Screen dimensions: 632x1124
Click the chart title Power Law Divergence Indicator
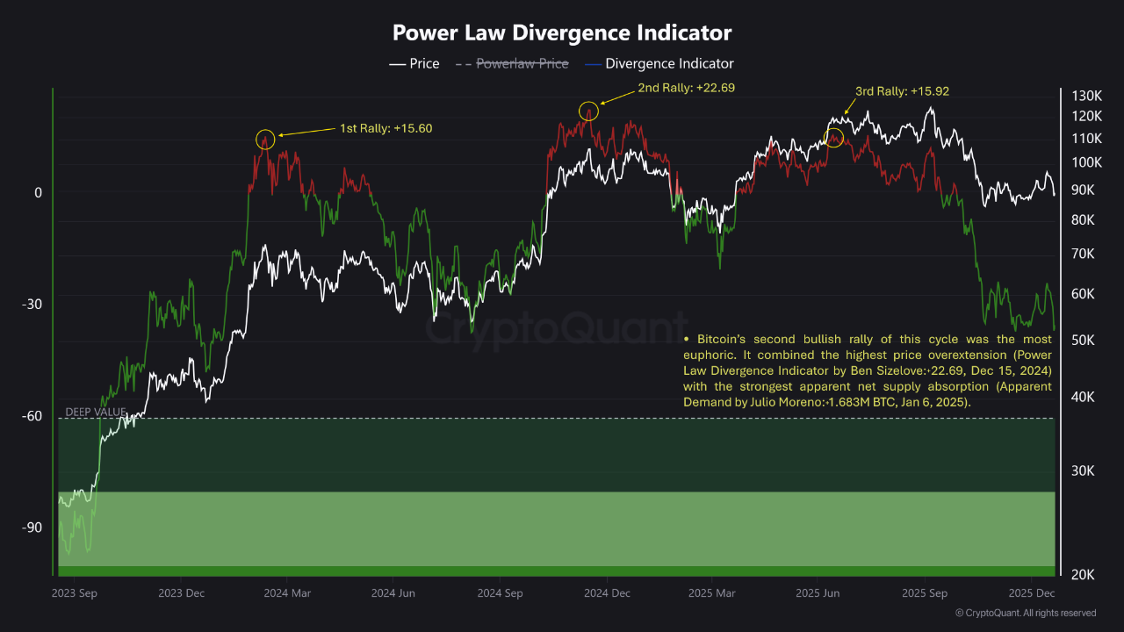tap(561, 33)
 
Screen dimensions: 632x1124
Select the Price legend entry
tap(414, 64)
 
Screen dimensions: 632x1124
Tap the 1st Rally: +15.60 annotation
tap(386, 128)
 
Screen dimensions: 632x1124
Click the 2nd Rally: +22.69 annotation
tap(686, 88)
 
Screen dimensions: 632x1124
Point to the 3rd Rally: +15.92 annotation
tap(902, 91)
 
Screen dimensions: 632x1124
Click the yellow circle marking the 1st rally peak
tap(266, 140)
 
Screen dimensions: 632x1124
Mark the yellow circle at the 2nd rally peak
tap(588, 111)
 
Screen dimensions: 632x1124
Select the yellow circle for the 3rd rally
tap(834, 137)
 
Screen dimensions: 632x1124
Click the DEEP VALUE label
tap(96, 413)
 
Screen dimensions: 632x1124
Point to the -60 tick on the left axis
tap(32, 416)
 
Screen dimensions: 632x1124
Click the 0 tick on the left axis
tap(38, 192)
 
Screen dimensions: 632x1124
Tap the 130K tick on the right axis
tap(1086, 96)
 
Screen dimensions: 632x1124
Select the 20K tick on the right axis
tap(1082, 574)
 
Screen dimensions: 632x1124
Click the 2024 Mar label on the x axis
tap(288, 593)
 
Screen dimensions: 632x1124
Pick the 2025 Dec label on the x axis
tap(1033, 593)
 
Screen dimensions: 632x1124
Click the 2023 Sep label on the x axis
tap(75, 593)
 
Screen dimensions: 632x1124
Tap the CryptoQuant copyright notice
tap(1025, 613)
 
